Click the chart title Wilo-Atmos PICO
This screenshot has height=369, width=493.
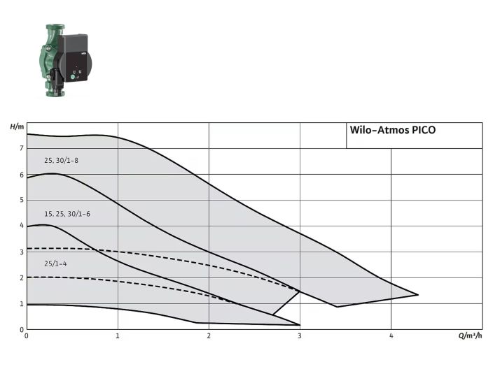pyautogui.click(x=392, y=130)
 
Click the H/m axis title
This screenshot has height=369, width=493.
pyautogui.click(x=17, y=126)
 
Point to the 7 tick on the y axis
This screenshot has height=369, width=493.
pyautogui.click(x=22, y=149)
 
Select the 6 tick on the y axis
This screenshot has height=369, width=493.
pyautogui.click(x=22, y=175)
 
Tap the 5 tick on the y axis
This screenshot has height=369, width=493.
pyautogui.click(x=22, y=201)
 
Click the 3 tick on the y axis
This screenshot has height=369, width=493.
pyautogui.click(x=22, y=252)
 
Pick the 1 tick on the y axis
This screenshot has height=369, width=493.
pyautogui.click(x=22, y=304)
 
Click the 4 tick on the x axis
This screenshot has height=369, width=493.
pyautogui.click(x=391, y=336)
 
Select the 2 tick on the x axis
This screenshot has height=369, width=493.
pyautogui.click(x=209, y=336)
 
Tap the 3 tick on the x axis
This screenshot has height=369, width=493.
pyautogui.click(x=300, y=336)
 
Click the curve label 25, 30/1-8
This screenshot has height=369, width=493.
pyautogui.click(x=62, y=161)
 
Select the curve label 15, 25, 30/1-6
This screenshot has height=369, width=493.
pyautogui.click(x=67, y=213)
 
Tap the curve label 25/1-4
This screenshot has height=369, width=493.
pyautogui.click(x=55, y=263)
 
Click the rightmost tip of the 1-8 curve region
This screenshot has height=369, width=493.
pyautogui.click(x=418, y=294)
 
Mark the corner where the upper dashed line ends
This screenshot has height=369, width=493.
pyautogui.click(x=300, y=291)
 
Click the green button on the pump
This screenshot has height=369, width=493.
pyautogui.click(x=73, y=78)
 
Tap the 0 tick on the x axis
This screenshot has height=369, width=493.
pyautogui.click(x=27, y=336)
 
